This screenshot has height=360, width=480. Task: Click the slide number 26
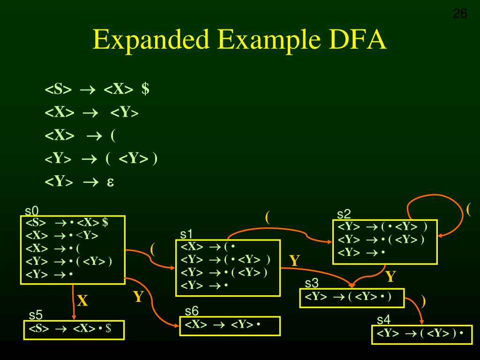[460, 14]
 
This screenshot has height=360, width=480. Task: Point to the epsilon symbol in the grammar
[111, 181]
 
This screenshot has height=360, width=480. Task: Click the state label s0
[31, 211]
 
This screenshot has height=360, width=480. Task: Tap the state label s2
[344, 214]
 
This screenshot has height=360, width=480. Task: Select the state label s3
[312, 283]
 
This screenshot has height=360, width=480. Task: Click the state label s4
[383, 320]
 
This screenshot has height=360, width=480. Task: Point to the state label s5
[36, 315]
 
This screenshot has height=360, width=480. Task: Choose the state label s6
[192, 311]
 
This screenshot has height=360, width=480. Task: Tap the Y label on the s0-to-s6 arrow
[138, 297]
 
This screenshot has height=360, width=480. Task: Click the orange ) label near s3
[423, 300]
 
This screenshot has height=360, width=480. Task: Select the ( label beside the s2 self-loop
[468, 209]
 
